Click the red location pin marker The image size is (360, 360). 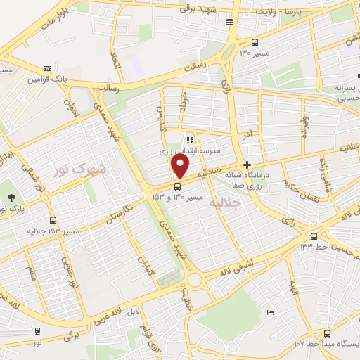(181, 167)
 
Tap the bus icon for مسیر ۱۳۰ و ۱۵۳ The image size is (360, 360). (176, 186)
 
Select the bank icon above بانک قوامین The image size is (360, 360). (47, 68)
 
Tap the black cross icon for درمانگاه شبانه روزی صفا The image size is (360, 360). (245, 164)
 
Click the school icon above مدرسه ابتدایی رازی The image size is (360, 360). (190, 140)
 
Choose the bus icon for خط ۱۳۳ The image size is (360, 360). (314, 236)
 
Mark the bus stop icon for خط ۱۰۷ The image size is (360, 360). (327, 333)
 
